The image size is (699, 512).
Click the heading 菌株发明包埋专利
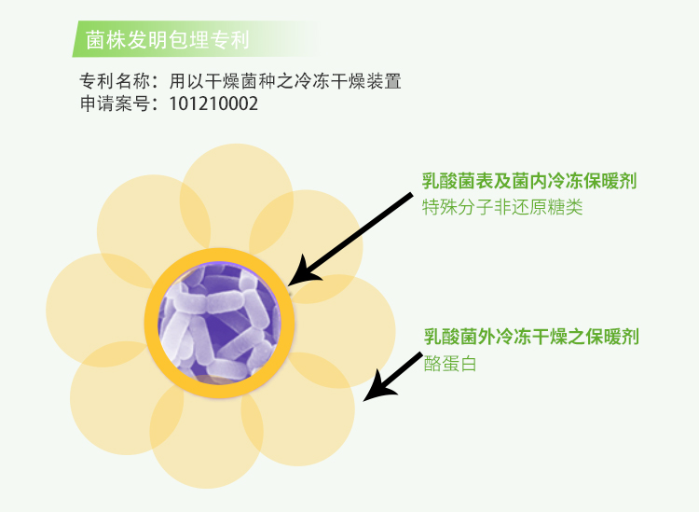pos(167,39)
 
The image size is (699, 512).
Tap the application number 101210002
pos(213,104)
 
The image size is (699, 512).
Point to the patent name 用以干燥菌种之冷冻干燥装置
pos(285,81)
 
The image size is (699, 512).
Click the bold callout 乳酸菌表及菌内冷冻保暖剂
pos(529,181)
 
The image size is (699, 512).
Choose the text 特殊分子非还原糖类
pos(502,207)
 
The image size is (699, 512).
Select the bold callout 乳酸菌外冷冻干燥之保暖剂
pos(531,337)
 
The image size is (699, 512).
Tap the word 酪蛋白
pos(450,364)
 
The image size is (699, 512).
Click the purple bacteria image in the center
pos(219,323)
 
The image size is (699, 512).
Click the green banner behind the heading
pos(196,39)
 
